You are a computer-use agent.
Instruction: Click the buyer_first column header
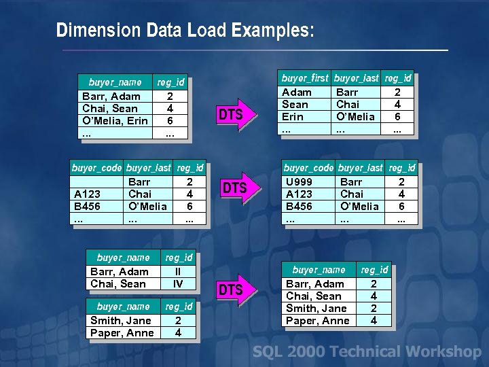(x=305, y=78)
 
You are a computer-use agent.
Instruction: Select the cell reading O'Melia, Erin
(x=115, y=121)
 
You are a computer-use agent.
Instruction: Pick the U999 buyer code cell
(x=299, y=182)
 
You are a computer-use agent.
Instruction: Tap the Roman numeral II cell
(x=178, y=272)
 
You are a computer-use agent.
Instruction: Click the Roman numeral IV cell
(x=178, y=283)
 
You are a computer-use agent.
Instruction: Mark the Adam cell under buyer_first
(x=297, y=92)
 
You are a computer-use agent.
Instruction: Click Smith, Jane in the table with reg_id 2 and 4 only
(x=121, y=321)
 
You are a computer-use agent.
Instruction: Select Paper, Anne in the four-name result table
(x=318, y=321)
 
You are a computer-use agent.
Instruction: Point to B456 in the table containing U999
(x=299, y=207)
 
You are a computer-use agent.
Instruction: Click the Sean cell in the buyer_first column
(x=295, y=105)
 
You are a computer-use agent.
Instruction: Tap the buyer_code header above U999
(x=308, y=168)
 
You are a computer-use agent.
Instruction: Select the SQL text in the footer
(x=266, y=351)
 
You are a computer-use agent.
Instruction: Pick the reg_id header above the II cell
(x=179, y=258)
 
